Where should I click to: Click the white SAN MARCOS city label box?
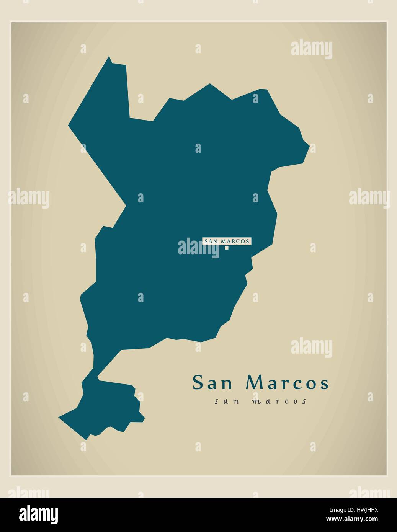227,241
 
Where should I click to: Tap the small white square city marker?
227,248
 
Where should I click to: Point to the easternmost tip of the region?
309,145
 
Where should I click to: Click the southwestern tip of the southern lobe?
59,417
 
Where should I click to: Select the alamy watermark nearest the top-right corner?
311,49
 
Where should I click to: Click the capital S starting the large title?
198,383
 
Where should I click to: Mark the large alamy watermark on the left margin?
29,199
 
